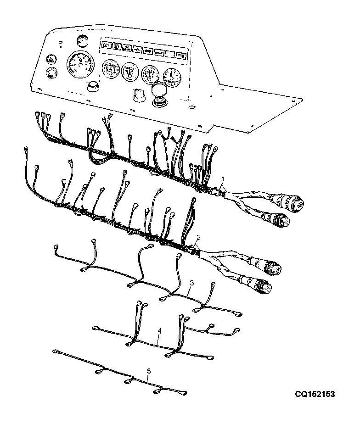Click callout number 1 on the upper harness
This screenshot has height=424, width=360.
coord(223,179)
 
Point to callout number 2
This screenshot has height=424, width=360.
coord(198,237)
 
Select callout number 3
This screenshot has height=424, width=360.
coord(191,283)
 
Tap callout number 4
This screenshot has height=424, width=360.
coord(160,331)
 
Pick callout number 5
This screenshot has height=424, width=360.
coord(149,371)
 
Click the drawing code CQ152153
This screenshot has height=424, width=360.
coord(315,394)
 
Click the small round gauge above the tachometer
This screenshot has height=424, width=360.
coord(81,41)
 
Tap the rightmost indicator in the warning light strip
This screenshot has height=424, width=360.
coord(180,56)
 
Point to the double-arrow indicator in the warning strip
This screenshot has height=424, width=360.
coord(148,51)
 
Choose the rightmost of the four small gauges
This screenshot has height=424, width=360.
coord(172,77)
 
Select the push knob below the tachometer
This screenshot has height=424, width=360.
coord(93,87)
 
